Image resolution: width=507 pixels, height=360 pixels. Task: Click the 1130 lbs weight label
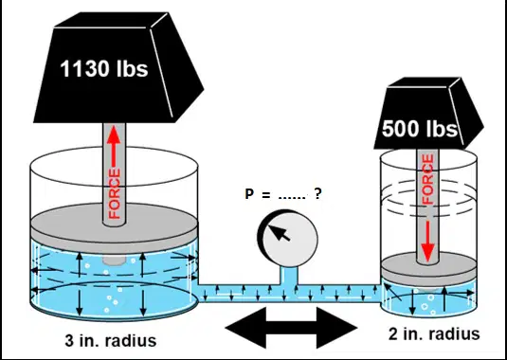[x=104, y=69]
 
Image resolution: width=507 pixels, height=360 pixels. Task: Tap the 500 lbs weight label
[x=420, y=129]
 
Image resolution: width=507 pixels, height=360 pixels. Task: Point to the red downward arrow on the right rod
[x=427, y=241]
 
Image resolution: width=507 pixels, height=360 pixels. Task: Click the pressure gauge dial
[x=287, y=239]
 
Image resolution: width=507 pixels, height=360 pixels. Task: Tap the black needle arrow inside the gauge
[x=280, y=233]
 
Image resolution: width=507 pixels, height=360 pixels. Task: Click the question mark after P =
[x=317, y=193]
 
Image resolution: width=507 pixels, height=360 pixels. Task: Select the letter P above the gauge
[x=249, y=194]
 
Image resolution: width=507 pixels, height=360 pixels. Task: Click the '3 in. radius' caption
[x=111, y=341]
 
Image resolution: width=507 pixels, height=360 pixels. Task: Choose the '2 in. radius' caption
[x=434, y=333]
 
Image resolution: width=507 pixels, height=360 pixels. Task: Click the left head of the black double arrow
[x=245, y=328]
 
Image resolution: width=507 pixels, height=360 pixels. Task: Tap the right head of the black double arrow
[x=336, y=328]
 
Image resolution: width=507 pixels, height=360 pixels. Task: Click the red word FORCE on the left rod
[x=114, y=194]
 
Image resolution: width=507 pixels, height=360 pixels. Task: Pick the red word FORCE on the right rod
[x=427, y=179]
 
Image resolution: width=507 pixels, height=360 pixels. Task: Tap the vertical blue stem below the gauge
[x=288, y=276]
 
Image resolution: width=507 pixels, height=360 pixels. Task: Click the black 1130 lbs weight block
[x=118, y=67]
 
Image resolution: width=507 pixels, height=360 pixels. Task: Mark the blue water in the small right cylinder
[x=428, y=299]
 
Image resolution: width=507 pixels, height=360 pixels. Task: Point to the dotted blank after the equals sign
[x=292, y=197]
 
